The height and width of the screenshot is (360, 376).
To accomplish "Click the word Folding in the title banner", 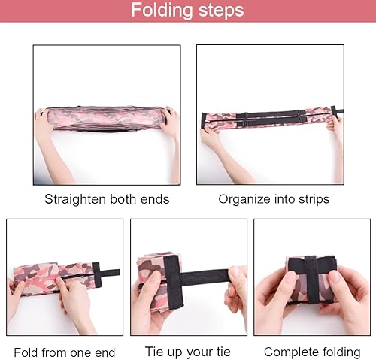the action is click(x=162, y=11).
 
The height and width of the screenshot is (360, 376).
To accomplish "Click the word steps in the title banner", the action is click(x=221, y=11).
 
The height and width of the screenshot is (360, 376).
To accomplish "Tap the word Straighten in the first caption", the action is click(x=75, y=200).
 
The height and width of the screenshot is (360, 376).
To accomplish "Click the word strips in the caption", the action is click(x=314, y=200).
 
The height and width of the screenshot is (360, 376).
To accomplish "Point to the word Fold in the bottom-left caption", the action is click(x=26, y=352).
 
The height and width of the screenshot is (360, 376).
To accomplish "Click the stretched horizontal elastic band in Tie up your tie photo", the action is click(x=205, y=276).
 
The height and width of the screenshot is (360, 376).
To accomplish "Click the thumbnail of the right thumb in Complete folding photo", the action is click(x=335, y=277).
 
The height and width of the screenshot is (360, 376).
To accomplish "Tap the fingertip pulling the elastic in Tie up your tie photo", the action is click(x=235, y=274).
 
